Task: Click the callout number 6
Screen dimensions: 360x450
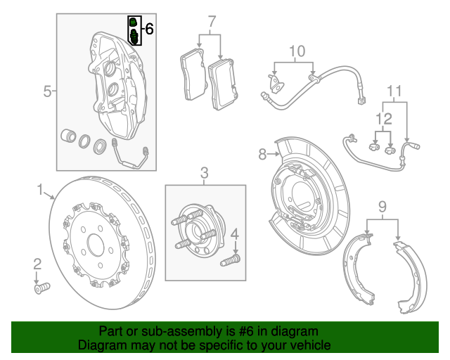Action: (148, 29)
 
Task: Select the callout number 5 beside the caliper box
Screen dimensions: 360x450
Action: (47, 91)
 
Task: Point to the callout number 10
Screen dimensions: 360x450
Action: (297, 51)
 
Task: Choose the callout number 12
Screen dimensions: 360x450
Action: (382, 117)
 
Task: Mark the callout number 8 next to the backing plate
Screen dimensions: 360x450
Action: (262, 153)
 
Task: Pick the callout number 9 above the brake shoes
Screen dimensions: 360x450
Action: (382, 206)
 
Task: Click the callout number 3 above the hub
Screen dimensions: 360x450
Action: (205, 172)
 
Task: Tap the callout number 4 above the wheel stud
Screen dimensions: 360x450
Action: (236, 234)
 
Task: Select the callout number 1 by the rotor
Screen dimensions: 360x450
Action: (41, 188)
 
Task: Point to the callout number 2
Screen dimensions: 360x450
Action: (37, 263)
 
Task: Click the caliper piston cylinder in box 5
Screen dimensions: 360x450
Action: (69, 136)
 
